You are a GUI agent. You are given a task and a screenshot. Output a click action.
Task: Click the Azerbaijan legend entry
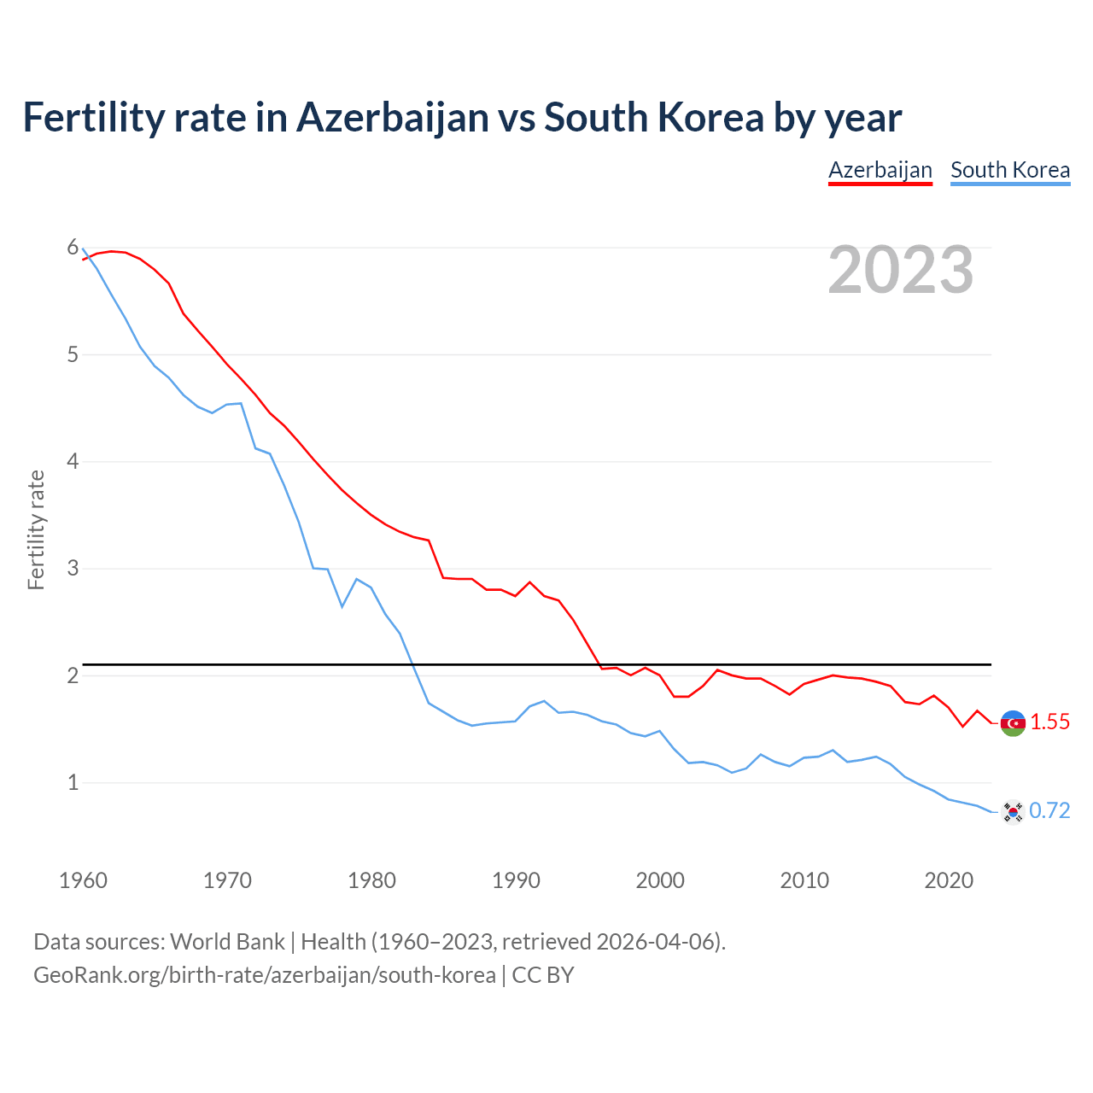coord(880,170)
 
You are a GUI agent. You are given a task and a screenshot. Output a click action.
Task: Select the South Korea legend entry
coord(1009,170)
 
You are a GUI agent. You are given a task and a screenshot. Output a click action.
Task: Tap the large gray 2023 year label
coord(900,270)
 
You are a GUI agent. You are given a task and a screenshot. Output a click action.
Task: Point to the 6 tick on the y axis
coord(73,248)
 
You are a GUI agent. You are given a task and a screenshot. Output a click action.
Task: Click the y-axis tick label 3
coord(73,568)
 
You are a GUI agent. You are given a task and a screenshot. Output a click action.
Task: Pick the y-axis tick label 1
coord(73,782)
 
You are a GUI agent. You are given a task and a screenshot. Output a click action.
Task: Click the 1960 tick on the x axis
coord(83,880)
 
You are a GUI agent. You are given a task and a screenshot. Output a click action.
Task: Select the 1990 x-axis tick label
coord(516,880)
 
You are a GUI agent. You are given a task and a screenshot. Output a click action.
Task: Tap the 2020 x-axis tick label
coord(949,880)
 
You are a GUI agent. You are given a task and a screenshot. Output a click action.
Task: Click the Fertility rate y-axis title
coord(36,529)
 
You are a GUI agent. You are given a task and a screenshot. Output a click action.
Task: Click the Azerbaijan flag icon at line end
coord(1013,723)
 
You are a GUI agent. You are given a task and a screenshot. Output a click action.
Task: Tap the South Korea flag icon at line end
coord(1013,811)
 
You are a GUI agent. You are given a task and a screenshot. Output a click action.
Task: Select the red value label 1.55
coord(1049,722)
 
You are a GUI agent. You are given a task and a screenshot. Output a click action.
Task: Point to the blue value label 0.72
coord(1049,811)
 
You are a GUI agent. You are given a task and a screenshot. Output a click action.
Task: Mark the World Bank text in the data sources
coord(227,942)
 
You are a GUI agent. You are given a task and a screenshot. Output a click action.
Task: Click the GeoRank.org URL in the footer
coord(264,975)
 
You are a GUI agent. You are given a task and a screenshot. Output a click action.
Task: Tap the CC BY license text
coord(543,975)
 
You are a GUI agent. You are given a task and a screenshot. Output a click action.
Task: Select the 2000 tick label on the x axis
coord(660,880)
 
